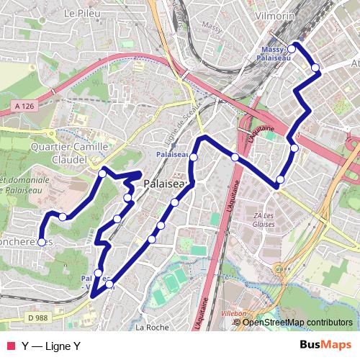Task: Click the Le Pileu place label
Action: pos(80,13)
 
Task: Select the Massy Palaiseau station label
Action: pos(277,53)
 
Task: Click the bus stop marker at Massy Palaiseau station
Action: pos(292,50)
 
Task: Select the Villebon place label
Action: pos(235,315)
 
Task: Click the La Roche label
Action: pos(151,327)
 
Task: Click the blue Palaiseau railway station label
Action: pos(172,154)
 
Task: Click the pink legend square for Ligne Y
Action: pos(10,346)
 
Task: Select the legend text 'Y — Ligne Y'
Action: pos(50,346)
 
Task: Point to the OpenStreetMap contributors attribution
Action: pos(297,322)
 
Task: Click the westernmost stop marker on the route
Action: pos(42,242)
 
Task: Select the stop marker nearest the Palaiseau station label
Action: pos(194,156)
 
